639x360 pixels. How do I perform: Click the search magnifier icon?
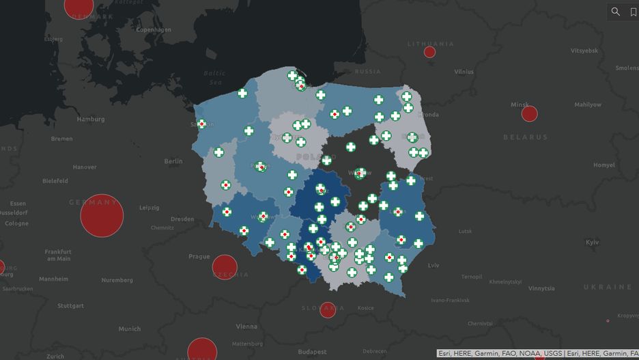(616, 12)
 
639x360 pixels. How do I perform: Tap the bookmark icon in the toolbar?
(633, 12)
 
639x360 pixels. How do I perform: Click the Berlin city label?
(173, 161)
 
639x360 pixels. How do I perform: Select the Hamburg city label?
(91, 119)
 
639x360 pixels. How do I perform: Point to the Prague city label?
(199, 257)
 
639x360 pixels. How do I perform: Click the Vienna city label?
(246, 327)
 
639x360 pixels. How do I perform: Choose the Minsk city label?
(520, 105)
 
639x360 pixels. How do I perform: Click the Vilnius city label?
(464, 71)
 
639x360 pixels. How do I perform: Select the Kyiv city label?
(592, 243)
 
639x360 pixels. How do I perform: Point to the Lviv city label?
(434, 265)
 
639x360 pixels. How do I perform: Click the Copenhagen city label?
(154, 29)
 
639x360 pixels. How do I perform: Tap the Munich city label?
(130, 329)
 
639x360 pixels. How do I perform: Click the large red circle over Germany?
(102, 216)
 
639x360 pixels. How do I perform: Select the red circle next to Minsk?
(529, 114)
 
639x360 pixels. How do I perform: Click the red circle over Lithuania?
(429, 52)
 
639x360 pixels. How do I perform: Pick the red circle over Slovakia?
(328, 309)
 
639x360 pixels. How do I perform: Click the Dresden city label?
(182, 219)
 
